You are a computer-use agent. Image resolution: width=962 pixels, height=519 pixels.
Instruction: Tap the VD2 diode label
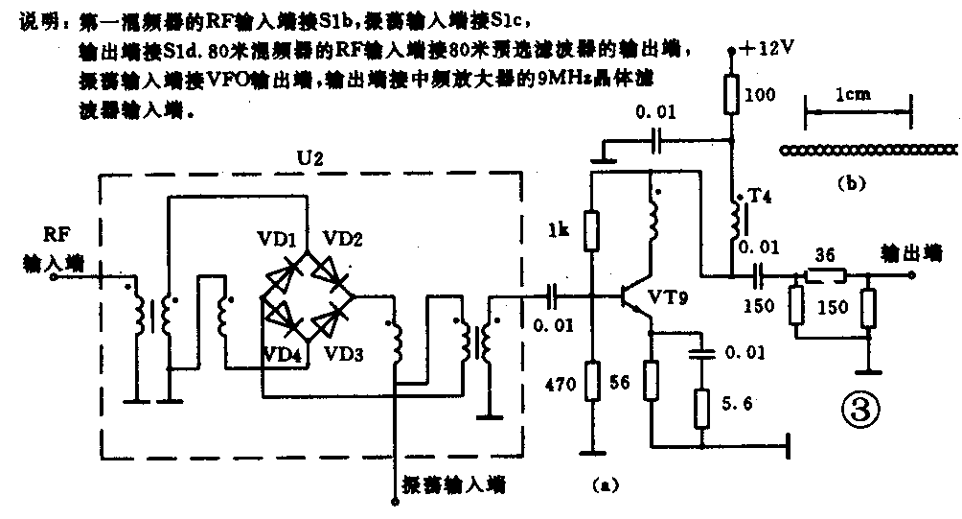click(x=342, y=238)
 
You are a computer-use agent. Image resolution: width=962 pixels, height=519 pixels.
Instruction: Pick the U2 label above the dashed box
click(x=312, y=156)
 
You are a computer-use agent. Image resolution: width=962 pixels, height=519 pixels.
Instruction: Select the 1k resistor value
click(x=561, y=231)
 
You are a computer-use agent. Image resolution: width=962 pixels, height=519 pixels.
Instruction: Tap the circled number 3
click(x=859, y=411)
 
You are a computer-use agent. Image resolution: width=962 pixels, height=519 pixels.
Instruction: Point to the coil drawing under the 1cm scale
click(x=867, y=150)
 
